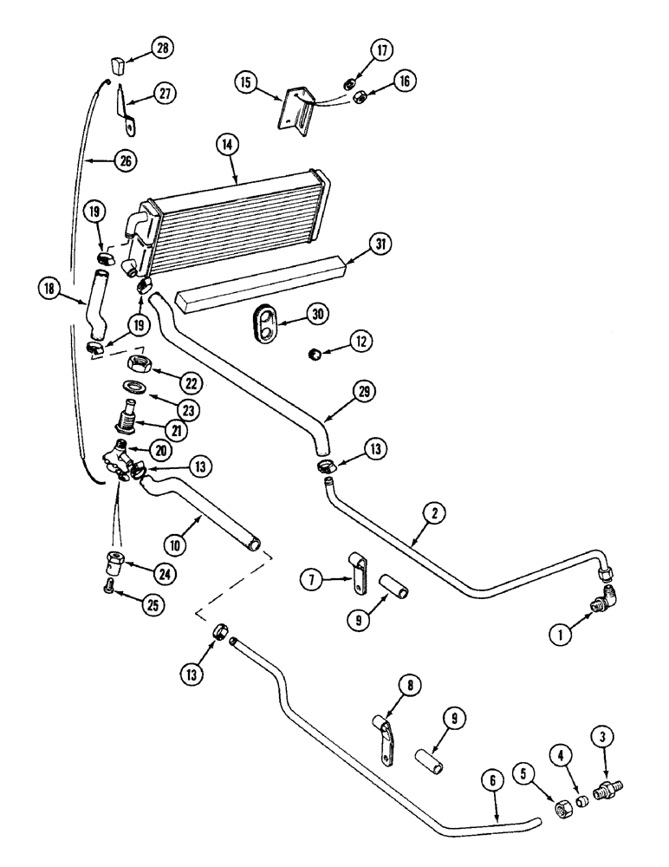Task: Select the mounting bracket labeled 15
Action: click(293, 108)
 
